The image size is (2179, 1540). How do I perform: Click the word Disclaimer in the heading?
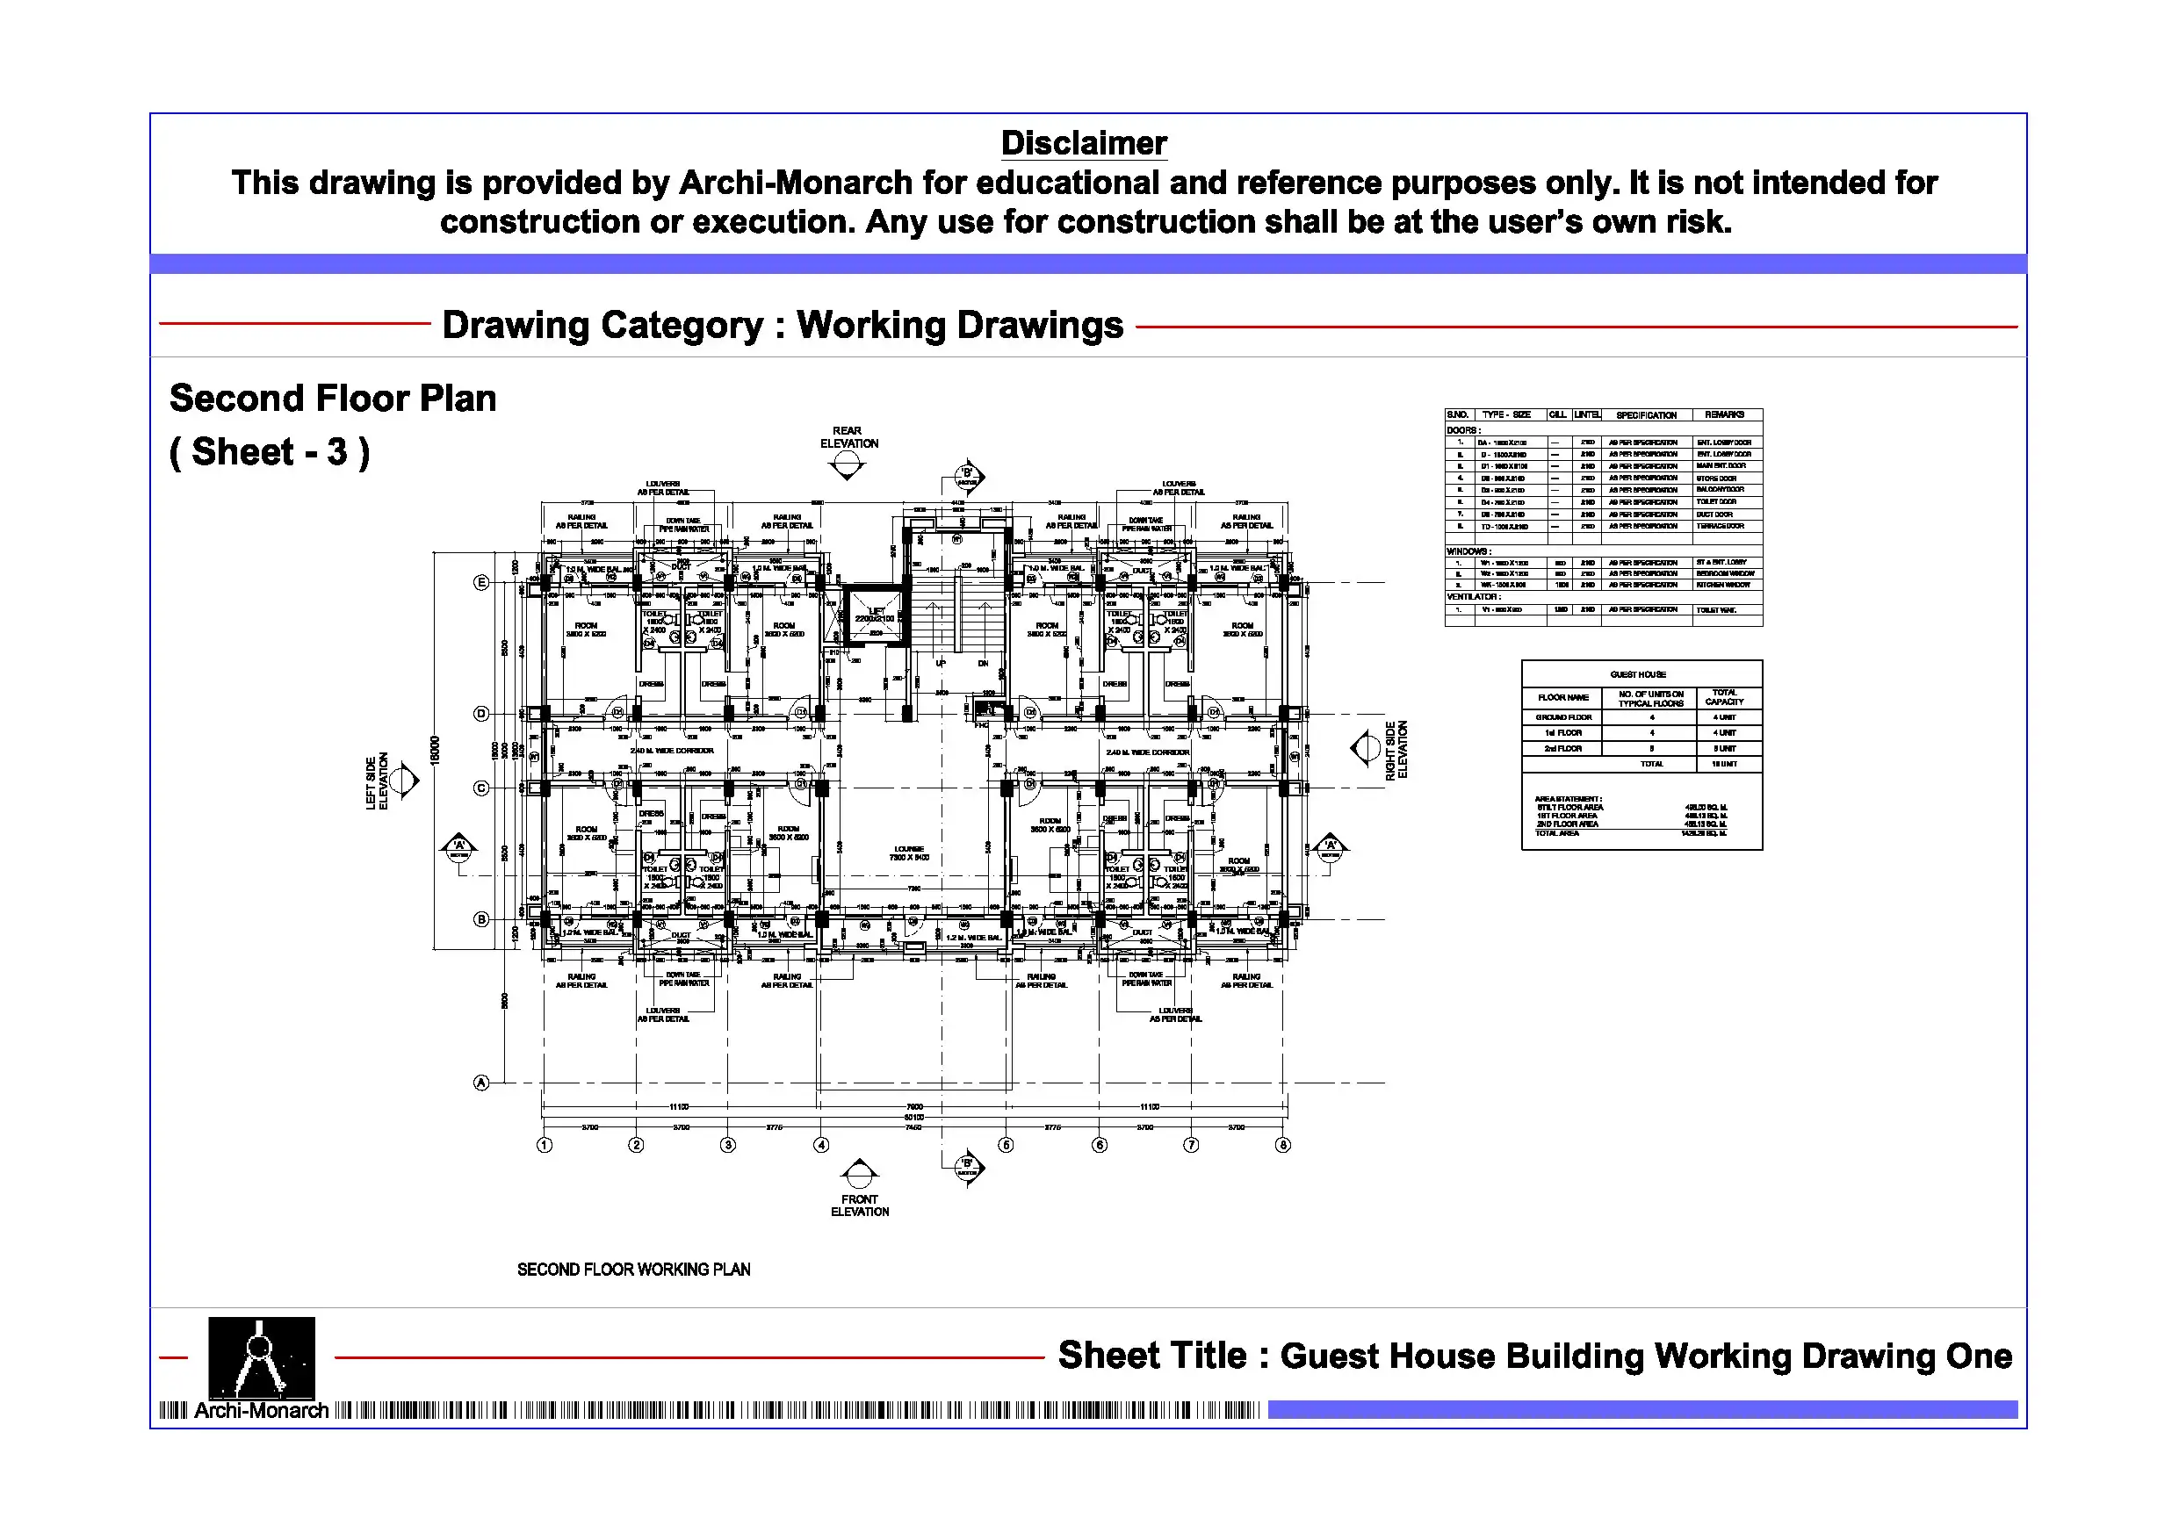click(x=1083, y=143)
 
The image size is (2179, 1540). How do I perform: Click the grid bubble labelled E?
click(x=481, y=583)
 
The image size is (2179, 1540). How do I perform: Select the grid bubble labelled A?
click(x=481, y=1083)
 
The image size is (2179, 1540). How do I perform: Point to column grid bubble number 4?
click(x=822, y=1145)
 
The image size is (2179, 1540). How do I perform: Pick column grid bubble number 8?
click(x=1283, y=1145)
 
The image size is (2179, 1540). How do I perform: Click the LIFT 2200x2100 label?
click(x=875, y=615)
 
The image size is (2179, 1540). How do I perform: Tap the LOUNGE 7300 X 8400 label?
click(x=909, y=853)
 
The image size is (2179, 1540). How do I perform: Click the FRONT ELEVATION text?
click(x=860, y=1205)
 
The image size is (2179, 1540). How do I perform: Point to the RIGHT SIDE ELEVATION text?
click(x=1396, y=750)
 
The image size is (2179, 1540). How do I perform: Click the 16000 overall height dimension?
click(x=436, y=750)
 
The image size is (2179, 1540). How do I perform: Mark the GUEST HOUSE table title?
click(x=1638, y=674)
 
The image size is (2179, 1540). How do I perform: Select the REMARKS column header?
click(x=1724, y=414)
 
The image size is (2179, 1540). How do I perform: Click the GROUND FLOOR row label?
click(x=1564, y=717)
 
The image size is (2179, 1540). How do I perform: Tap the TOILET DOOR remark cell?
click(x=1717, y=502)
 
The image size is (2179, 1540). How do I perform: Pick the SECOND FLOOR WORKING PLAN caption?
click(x=633, y=1270)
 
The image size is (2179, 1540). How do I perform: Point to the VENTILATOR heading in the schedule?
click(x=1473, y=597)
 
